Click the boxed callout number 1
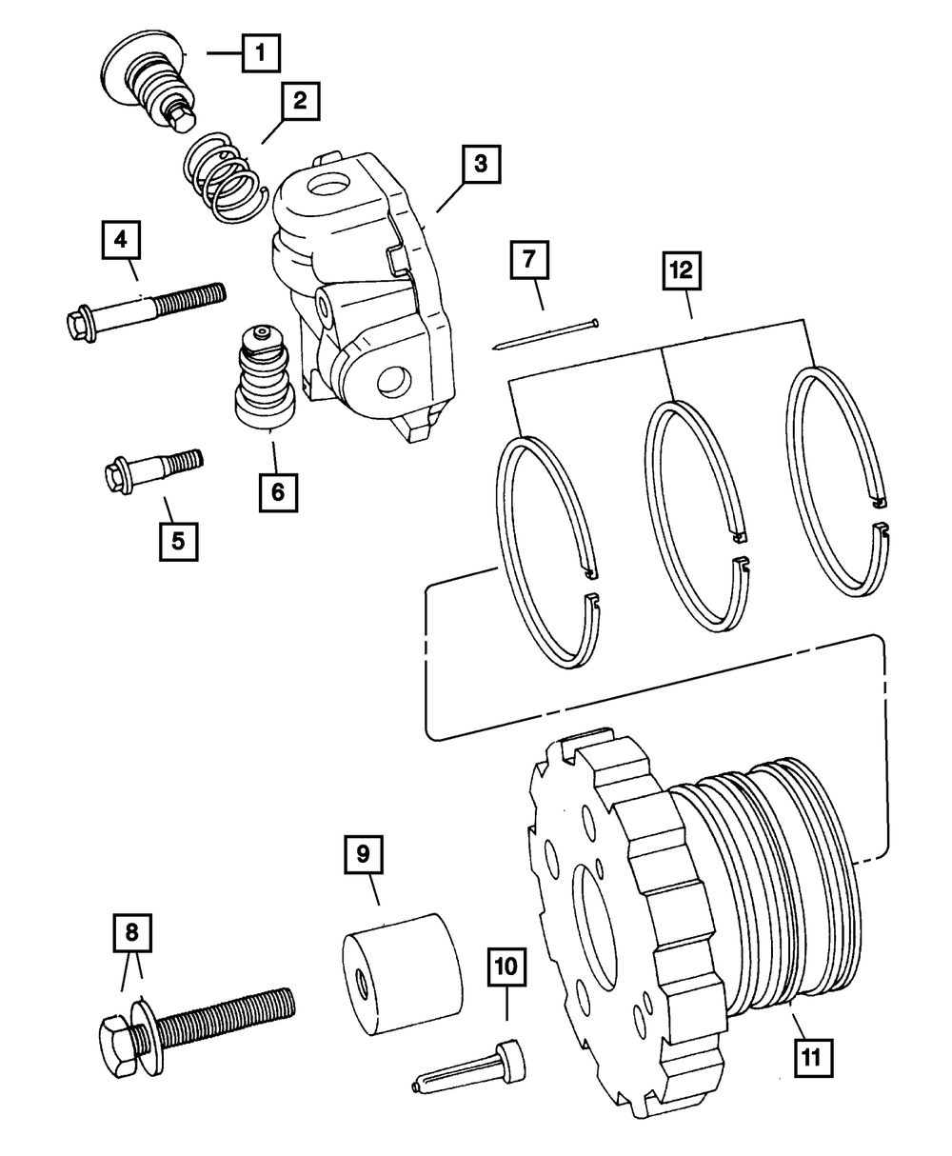point(260,53)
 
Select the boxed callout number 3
point(481,165)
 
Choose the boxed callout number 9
point(363,854)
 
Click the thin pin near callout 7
point(545,334)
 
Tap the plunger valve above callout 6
point(265,382)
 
